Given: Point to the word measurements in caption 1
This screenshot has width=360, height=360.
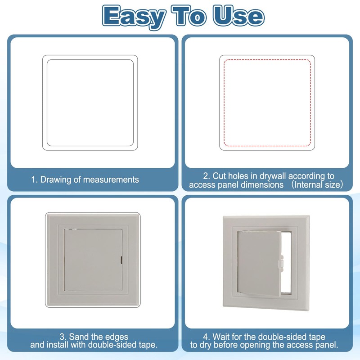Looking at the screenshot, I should tap(112, 180).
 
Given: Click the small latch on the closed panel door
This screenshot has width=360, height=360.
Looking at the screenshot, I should tap(122, 259).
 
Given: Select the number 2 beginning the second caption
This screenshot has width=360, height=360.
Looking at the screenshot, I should tap(205, 176).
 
